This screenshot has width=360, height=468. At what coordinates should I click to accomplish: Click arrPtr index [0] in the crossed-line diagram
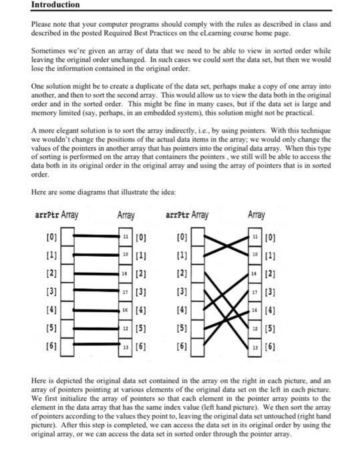pyautogui.click(x=182, y=237)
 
